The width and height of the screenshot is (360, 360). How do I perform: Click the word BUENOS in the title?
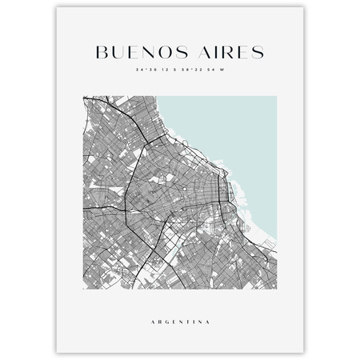pos(137,52)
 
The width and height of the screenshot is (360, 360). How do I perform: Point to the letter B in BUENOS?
pos(100,52)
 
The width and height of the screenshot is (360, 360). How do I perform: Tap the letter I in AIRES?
pos(212,52)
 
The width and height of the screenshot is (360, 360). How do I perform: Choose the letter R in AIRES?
pos(224,52)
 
